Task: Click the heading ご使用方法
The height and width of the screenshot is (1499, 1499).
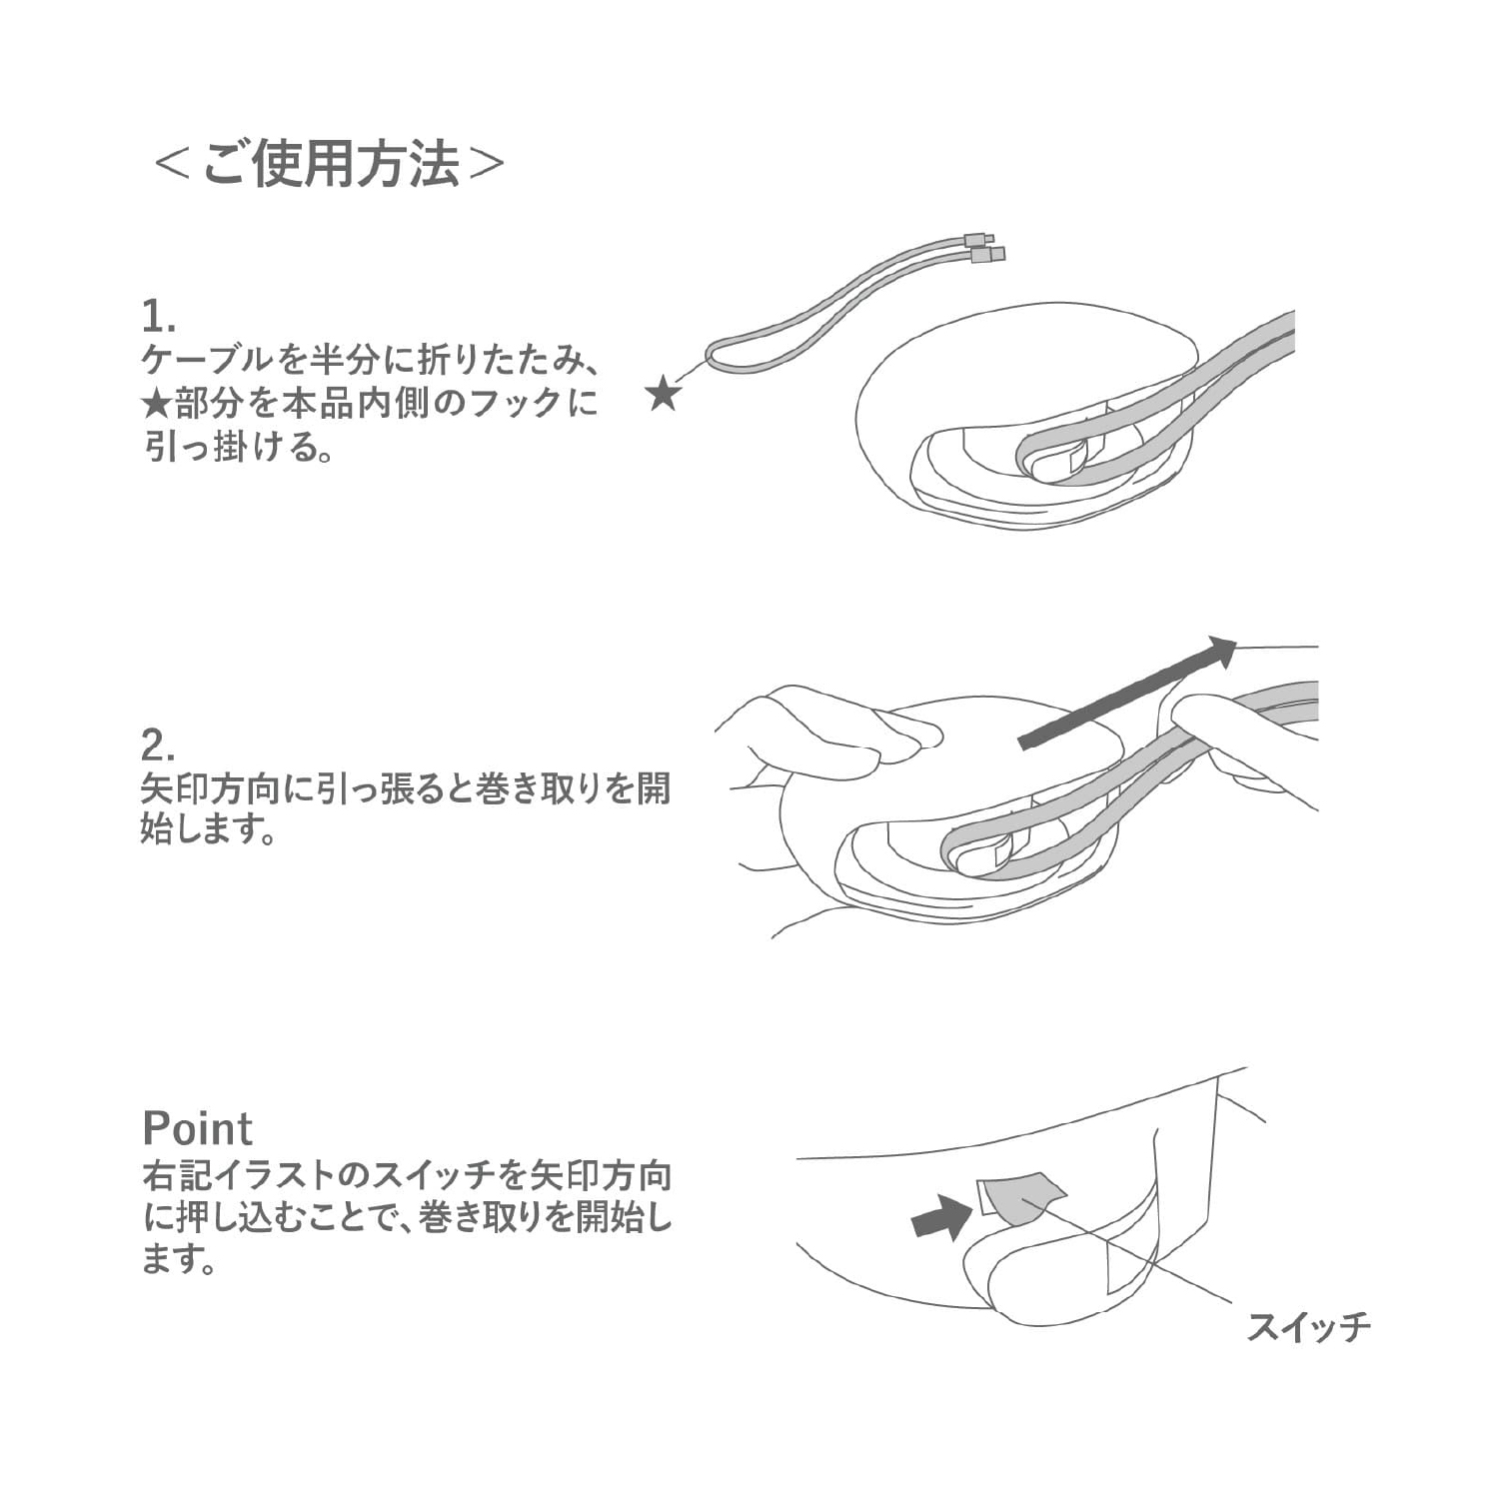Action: point(331,164)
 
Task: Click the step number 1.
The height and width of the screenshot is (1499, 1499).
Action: point(158,317)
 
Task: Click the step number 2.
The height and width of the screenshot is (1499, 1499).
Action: point(159,746)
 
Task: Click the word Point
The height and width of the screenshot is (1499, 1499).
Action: point(198,1128)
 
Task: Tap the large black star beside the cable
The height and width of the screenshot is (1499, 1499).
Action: point(664,392)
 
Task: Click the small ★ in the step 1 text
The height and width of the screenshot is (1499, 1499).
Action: point(157,404)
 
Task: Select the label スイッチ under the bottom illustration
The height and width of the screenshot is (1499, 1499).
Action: point(1308,1326)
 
